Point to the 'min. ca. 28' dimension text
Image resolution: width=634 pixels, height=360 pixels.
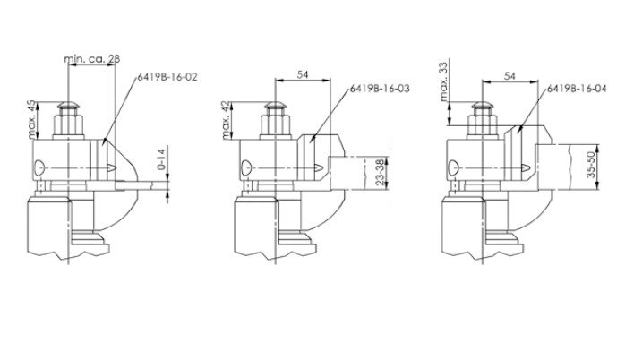point(92,58)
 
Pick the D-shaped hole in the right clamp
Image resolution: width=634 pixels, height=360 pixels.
point(454,166)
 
